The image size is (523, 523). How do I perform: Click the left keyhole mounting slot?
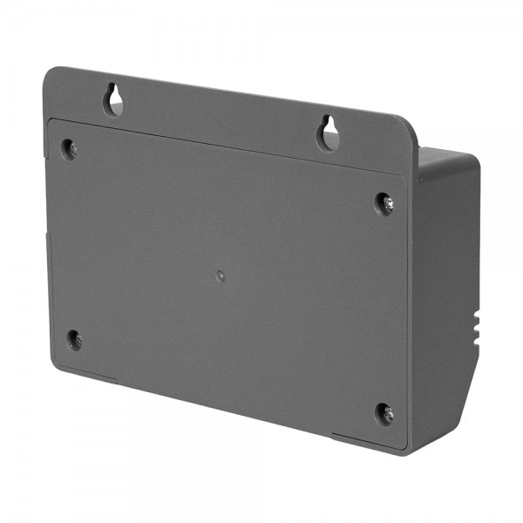tap(113, 99)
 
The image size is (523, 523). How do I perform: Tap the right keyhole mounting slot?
tap(328, 132)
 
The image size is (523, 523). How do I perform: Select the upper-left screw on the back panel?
tap(69, 147)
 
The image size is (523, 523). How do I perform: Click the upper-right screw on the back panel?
tap(384, 203)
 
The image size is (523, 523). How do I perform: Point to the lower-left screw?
tap(75, 339)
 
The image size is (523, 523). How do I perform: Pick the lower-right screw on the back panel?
tap(384, 414)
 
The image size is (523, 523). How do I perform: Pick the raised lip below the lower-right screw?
tap(366, 440)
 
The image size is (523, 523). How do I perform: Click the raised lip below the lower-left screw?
tap(87, 372)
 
